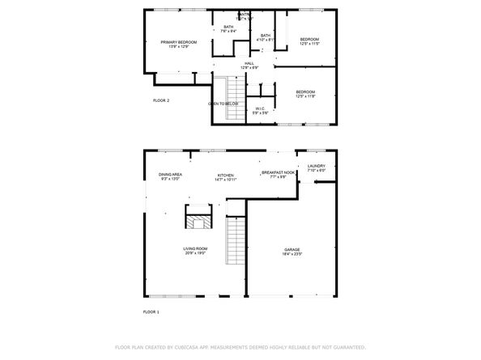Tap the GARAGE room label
[x=292, y=251]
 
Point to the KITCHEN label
[x=225, y=177]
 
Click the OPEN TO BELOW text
[x=222, y=104]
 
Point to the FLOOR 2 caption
[x=161, y=100]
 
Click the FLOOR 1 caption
[x=151, y=311]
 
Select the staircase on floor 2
[x=232, y=97]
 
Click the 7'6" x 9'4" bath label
[x=228, y=28]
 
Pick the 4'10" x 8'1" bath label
[x=265, y=37]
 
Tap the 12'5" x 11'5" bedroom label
[x=309, y=42]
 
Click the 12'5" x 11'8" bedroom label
[x=304, y=95]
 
